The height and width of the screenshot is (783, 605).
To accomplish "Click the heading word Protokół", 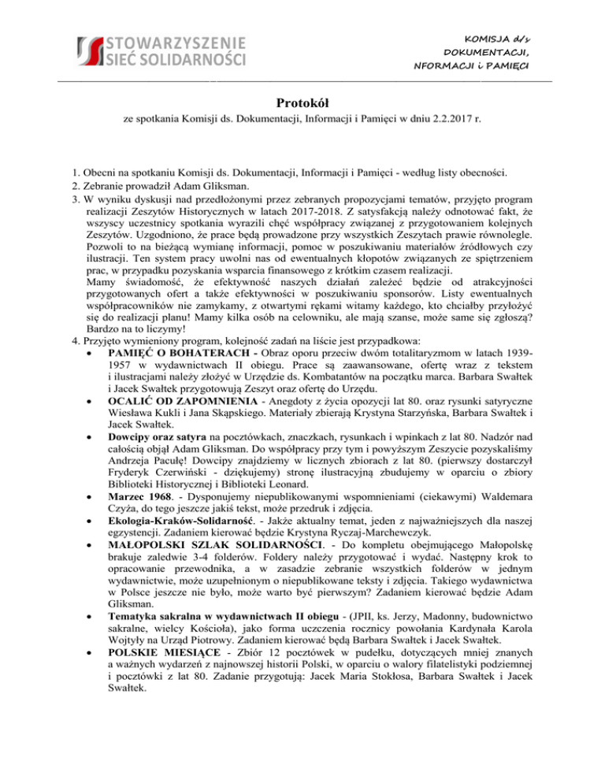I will tap(302, 102).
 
